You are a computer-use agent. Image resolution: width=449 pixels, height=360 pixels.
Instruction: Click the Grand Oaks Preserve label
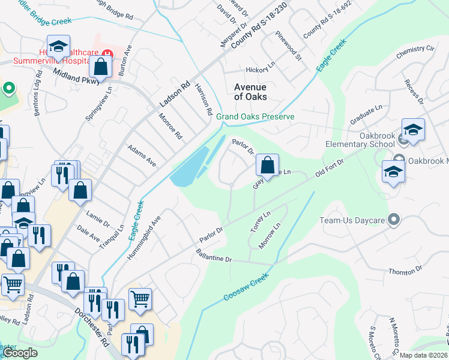tap(255, 116)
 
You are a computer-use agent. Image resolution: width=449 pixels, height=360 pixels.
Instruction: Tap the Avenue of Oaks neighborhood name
tap(250, 92)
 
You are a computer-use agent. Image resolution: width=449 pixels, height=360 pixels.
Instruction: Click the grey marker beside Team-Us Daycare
tap(394, 220)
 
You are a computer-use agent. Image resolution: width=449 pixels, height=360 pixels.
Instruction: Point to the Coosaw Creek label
tap(244, 288)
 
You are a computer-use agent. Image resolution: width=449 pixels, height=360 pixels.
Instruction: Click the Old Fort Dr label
tap(329, 169)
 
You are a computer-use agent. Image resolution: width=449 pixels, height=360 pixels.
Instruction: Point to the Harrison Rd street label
tap(203, 99)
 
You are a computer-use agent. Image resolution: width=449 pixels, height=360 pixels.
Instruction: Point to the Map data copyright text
tap(423, 355)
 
